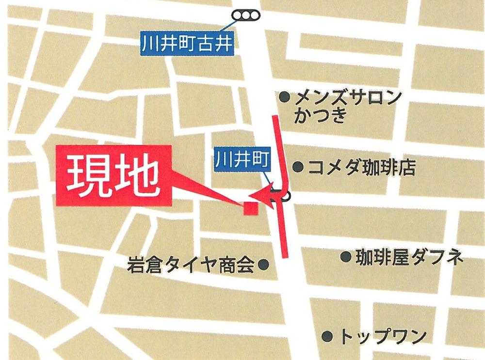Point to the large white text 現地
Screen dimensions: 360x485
click(113, 177)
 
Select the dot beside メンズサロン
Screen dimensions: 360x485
click(285, 97)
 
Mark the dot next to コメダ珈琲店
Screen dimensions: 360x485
click(298, 168)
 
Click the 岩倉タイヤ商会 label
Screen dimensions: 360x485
click(190, 265)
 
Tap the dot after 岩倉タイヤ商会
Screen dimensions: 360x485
click(264, 265)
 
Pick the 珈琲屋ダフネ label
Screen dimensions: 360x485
click(408, 257)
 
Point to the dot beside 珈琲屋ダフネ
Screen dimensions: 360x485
click(345, 257)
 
